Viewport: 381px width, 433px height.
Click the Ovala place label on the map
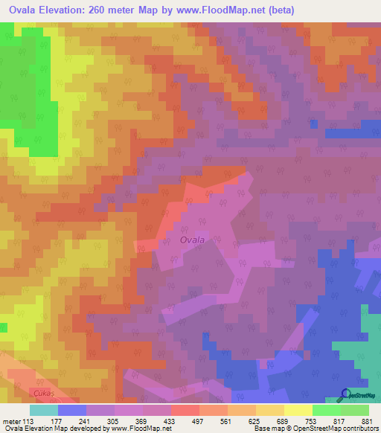click(x=191, y=240)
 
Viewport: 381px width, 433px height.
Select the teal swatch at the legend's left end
click(x=44, y=409)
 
